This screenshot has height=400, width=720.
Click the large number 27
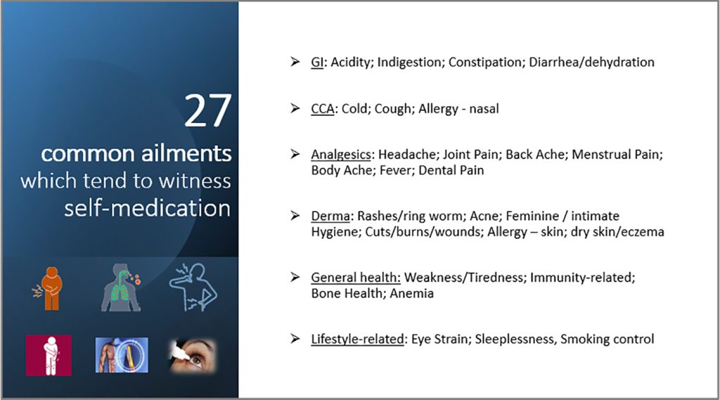[207, 110]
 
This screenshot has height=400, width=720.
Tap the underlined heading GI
[317, 62]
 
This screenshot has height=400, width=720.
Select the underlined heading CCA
[322, 109]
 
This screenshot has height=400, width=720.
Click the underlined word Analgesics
[341, 155]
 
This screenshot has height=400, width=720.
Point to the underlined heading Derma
[330, 216]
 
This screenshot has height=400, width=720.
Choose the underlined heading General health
[356, 278]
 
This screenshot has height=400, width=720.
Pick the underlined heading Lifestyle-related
[358, 339]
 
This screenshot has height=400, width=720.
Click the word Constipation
[487, 63]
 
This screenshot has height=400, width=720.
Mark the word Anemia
[411, 293]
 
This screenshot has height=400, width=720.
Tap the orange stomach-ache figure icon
[49, 288]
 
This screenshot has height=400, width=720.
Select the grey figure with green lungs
[121, 288]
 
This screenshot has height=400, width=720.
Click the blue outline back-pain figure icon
[193, 288]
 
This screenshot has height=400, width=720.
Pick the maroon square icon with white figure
[49, 356]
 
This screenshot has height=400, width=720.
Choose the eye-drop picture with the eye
[193, 356]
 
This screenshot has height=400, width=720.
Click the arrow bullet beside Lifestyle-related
[295, 339]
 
